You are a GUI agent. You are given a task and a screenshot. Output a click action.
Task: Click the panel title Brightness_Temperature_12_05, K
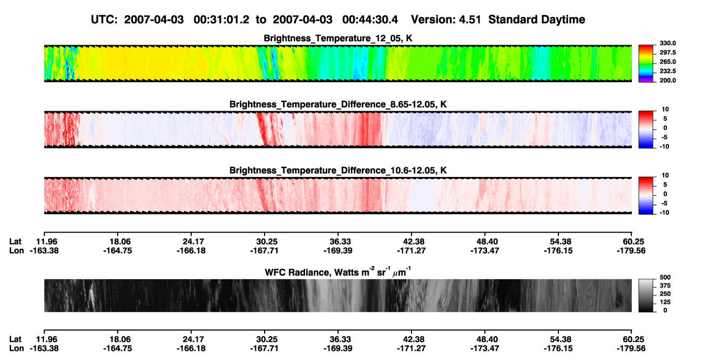[338, 38]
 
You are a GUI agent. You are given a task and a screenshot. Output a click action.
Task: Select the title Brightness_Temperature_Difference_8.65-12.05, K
[338, 104]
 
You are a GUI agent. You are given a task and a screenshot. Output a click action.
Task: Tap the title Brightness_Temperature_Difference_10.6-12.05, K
[338, 171]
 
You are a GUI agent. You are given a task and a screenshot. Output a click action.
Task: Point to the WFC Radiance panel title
[338, 271]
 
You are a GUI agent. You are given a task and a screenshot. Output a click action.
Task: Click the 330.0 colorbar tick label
[667, 43]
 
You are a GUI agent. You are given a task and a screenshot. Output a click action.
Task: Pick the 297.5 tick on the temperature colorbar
[667, 52]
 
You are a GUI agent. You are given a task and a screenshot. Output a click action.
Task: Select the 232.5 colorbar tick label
[667, 71]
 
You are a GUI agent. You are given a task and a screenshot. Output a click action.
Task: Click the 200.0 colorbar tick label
[667, 80]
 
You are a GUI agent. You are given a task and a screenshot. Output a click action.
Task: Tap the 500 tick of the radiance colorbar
[665, 277]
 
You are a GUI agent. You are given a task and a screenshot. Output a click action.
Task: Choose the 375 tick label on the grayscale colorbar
[665, 286]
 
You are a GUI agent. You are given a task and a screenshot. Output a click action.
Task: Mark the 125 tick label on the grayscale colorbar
[665, 302]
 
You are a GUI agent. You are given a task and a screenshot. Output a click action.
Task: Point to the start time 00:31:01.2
[221, 20]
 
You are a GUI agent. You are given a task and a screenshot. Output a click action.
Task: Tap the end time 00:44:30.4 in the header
[370, 20]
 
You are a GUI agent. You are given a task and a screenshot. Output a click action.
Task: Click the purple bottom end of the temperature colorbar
[646, 80]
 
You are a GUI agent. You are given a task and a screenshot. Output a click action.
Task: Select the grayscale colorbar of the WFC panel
[646, 295]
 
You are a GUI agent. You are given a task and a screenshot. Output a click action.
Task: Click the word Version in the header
[433, 20]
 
